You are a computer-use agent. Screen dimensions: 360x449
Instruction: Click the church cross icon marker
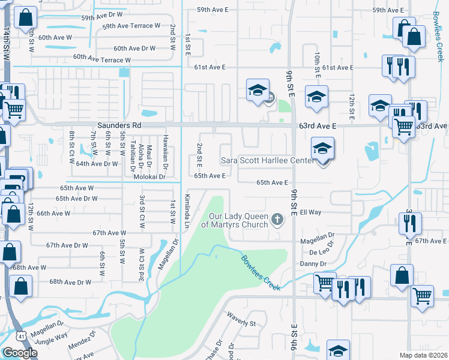[x=277, y=219]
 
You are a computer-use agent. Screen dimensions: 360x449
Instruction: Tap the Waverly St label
[x=241, y=319]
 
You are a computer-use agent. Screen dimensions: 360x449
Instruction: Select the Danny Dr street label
[x=313, y=263]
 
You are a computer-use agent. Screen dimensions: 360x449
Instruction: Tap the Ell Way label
[x=312, y=212]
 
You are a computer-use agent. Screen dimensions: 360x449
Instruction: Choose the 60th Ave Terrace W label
[x=101, y=59]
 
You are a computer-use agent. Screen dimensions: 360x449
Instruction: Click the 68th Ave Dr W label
[x=70, y=281]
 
